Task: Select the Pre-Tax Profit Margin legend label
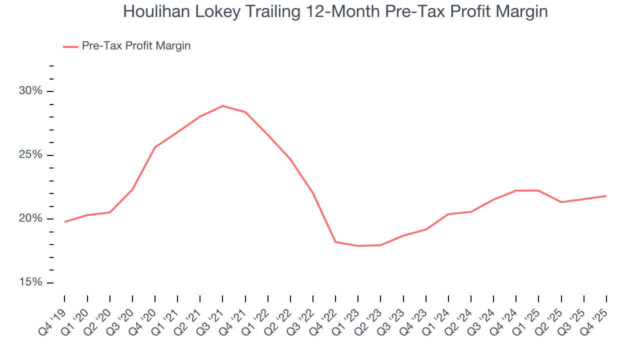136,45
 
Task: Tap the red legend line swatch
70,46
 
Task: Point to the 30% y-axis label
30,91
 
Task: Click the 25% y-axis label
30,155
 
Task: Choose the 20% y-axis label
30,219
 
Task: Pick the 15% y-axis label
30,282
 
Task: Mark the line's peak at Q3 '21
222,106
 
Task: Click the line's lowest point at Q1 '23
358,246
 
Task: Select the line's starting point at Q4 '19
65,221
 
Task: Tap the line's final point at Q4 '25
606,196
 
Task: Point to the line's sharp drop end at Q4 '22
335,242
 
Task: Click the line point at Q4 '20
155,147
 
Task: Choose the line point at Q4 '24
516,190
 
